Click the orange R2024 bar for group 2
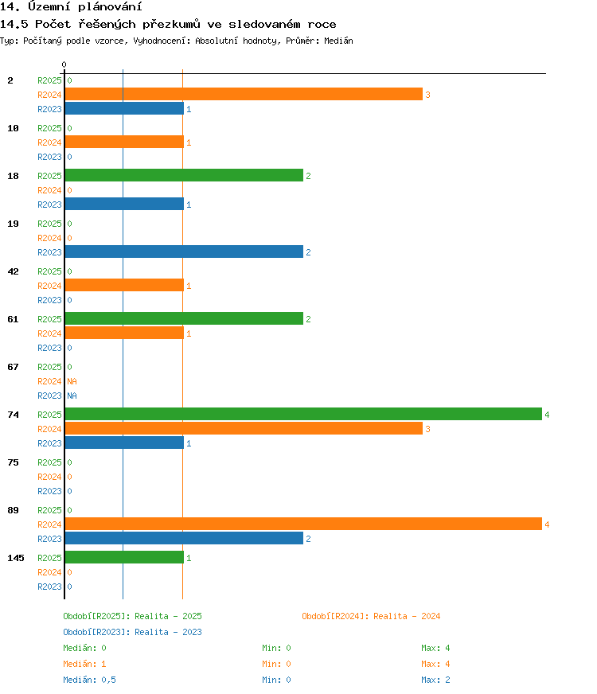tap(244, 94)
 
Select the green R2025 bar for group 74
tap(303, 415)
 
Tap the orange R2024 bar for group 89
tap(303, 524)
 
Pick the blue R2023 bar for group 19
tap(184, 251)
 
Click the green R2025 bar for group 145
tap(124, 558)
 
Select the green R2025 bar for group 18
tap(184, 175)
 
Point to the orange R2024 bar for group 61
tap(124, 333)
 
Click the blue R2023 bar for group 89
tap(184, 538)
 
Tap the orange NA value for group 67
tap(72, 381)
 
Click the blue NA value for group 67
tap(72, 396)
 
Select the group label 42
tap(14, 271)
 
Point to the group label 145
tap(16, 558)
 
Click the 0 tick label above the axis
tap(64, 64)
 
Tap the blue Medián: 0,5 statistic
tap(89, 680)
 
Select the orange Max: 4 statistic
tap(435, 664)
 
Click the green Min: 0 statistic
tap(276, 648)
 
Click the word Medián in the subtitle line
tap(338, 41)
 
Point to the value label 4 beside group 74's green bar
tap(547, 415)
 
